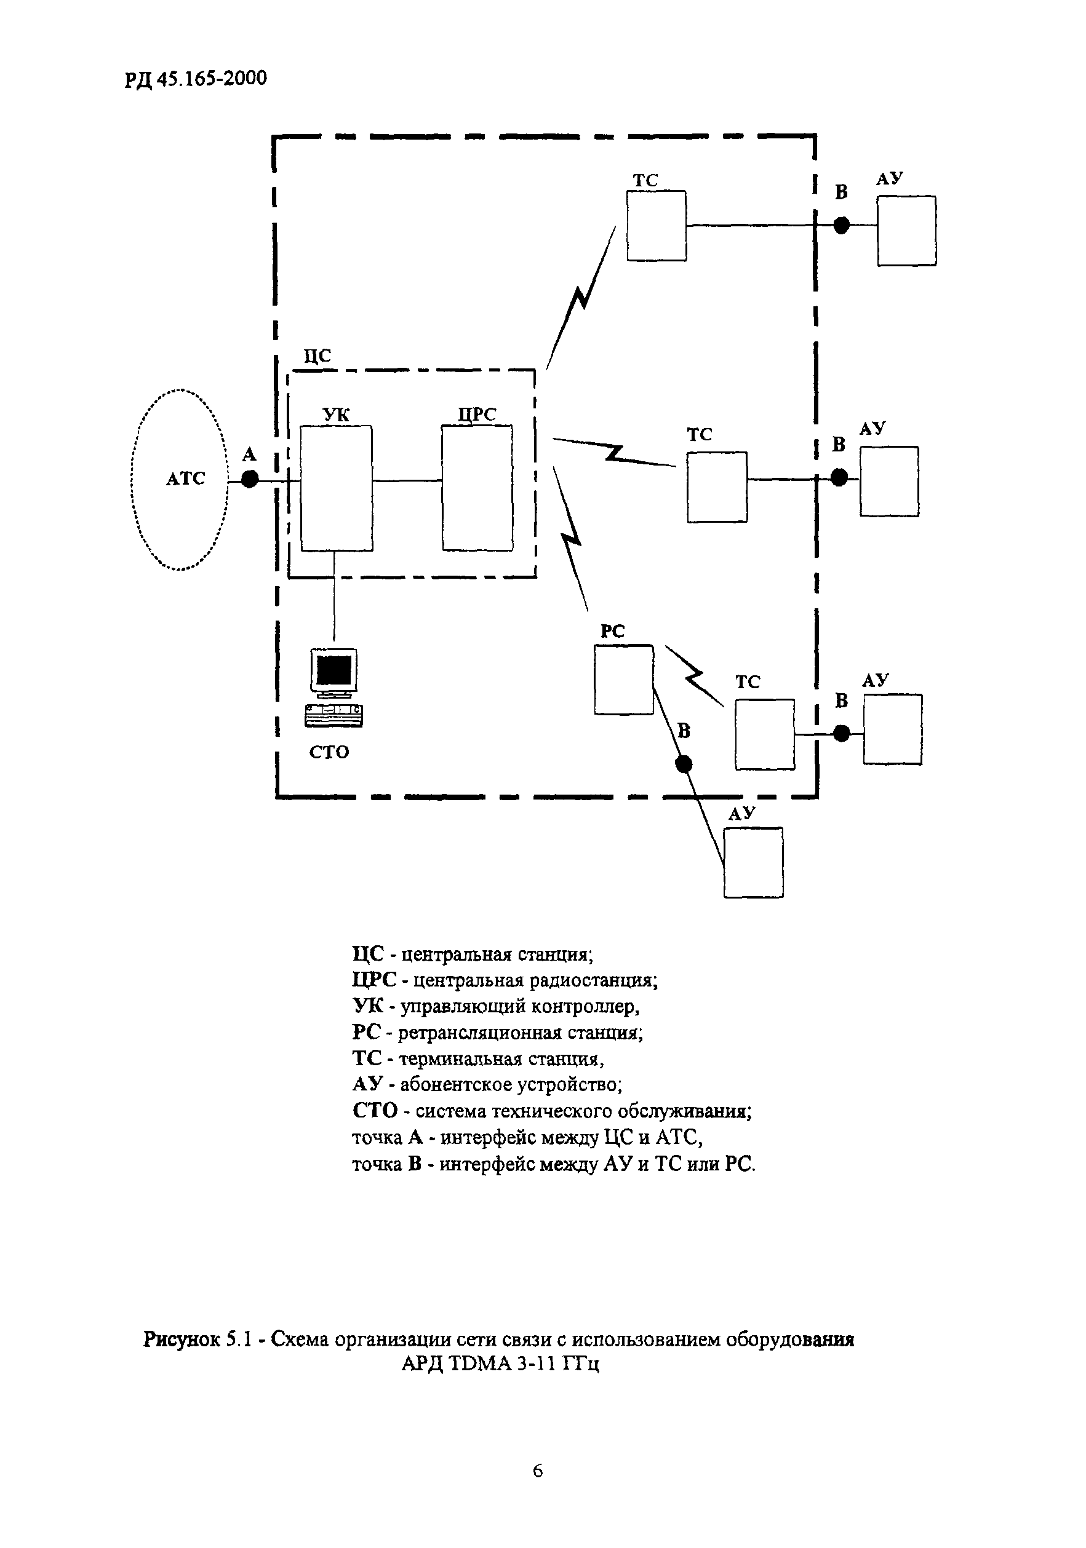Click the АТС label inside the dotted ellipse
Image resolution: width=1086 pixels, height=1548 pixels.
click(x=185, y=478)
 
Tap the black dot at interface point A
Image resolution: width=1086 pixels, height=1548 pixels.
click(x=250, y=479)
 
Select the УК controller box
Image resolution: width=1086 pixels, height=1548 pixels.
click(x=336, y=488)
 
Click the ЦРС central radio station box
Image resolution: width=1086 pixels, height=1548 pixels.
click(x=477, y=488)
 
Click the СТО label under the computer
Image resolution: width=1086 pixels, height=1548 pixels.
click(x=329, y=752)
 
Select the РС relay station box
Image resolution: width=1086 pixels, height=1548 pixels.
click(x=623, y=680)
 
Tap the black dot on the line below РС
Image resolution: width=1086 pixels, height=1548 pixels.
click(x=684, y=764)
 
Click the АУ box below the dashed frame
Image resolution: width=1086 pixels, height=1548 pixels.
click(x=754, y=863)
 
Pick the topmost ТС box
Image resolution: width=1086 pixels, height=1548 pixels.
click(x=657, y=226)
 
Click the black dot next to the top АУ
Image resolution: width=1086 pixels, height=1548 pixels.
click(x=841, y=226)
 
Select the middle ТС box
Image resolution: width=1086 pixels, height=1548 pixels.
click(x=717, y=486)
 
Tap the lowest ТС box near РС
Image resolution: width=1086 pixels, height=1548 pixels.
click(x=765, y=734)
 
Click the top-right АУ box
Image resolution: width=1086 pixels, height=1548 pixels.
click(x=906, y=231)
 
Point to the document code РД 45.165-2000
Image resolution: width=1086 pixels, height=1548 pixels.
click(x=196, y=79)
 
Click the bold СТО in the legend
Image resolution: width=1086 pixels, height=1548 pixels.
click(x=375, y=1111)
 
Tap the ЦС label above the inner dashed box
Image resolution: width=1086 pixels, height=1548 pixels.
click(x=317, y=356)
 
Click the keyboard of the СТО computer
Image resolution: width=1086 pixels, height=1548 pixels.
click(x=334, y=715)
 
